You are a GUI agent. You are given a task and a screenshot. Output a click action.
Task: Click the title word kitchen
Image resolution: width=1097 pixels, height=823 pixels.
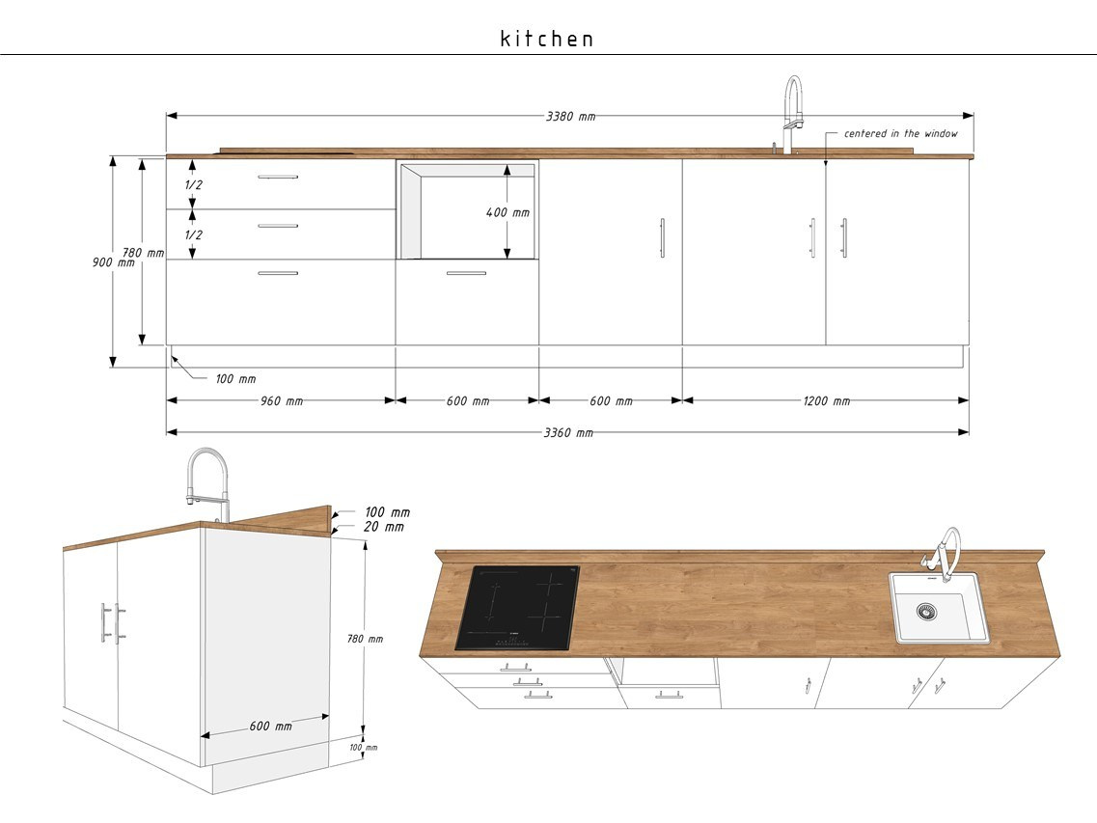(x=547, y=39)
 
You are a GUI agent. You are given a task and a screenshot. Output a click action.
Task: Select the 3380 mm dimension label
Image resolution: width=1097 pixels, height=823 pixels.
(x=571, y=116)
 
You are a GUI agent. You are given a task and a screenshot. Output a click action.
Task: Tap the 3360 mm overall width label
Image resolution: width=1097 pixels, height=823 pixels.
(x=569, y=432)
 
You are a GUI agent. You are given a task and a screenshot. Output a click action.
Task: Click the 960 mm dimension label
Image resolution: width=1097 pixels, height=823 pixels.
(x=282, y=401)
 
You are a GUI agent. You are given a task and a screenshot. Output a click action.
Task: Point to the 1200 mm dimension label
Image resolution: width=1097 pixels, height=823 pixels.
(x=826, y=401)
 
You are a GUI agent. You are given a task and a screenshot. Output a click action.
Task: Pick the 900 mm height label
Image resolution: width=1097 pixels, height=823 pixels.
(x=113, y=262)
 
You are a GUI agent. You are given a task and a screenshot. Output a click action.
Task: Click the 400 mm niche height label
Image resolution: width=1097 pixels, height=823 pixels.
(x=507, y=212)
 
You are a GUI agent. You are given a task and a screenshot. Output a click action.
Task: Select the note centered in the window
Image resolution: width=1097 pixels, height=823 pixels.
(x=900, y=133)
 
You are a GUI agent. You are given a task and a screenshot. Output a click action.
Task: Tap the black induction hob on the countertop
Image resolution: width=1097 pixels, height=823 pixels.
(x=518, y=608)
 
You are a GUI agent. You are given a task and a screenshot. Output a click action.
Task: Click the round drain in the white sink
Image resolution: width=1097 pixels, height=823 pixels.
(x=927, y=612)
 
